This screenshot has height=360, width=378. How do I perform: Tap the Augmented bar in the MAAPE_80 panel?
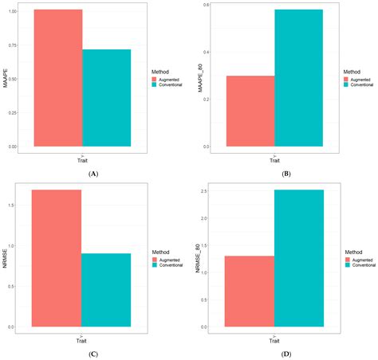[x=250, y=111]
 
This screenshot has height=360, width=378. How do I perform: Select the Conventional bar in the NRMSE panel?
[x=106, y=290]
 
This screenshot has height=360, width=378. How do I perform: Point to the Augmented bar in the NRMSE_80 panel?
[x=251, y=291]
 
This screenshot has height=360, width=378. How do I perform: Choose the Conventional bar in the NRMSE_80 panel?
[x=299, y=258]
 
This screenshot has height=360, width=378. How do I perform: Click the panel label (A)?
[x=93, y=173]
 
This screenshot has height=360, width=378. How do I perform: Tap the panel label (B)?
[x=286, y=173]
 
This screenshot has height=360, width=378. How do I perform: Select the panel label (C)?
[x=93, y=353]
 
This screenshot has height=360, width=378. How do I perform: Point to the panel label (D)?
[x=286, y=353]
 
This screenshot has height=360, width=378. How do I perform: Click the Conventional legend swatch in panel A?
[x=155, y=84]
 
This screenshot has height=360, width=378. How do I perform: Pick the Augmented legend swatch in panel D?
[x=348, y=258]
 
